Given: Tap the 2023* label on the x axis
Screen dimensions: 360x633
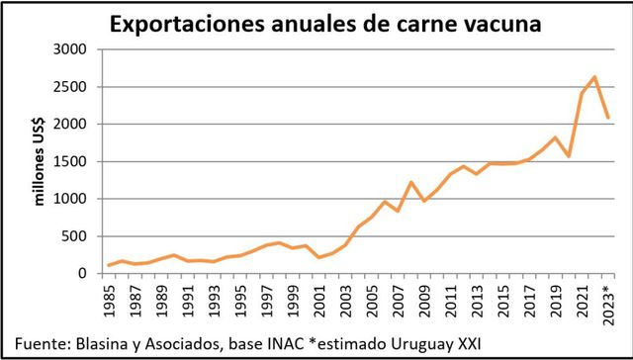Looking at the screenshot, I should (x=607, y=301).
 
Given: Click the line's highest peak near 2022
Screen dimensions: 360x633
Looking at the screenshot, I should (x=594, y=77).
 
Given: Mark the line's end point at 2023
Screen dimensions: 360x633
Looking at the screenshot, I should (x=607, y=117).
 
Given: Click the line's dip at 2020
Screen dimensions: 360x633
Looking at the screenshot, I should (x=568, y=156).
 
